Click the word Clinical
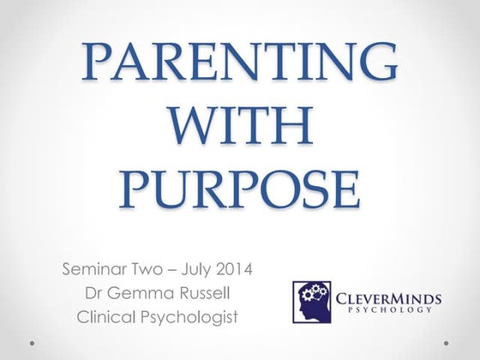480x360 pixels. (x=106, y=315)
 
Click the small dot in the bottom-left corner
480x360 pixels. (x=32, y=343)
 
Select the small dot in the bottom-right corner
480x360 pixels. (x=447, y=343)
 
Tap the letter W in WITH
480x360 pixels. (x=201, y=128)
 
